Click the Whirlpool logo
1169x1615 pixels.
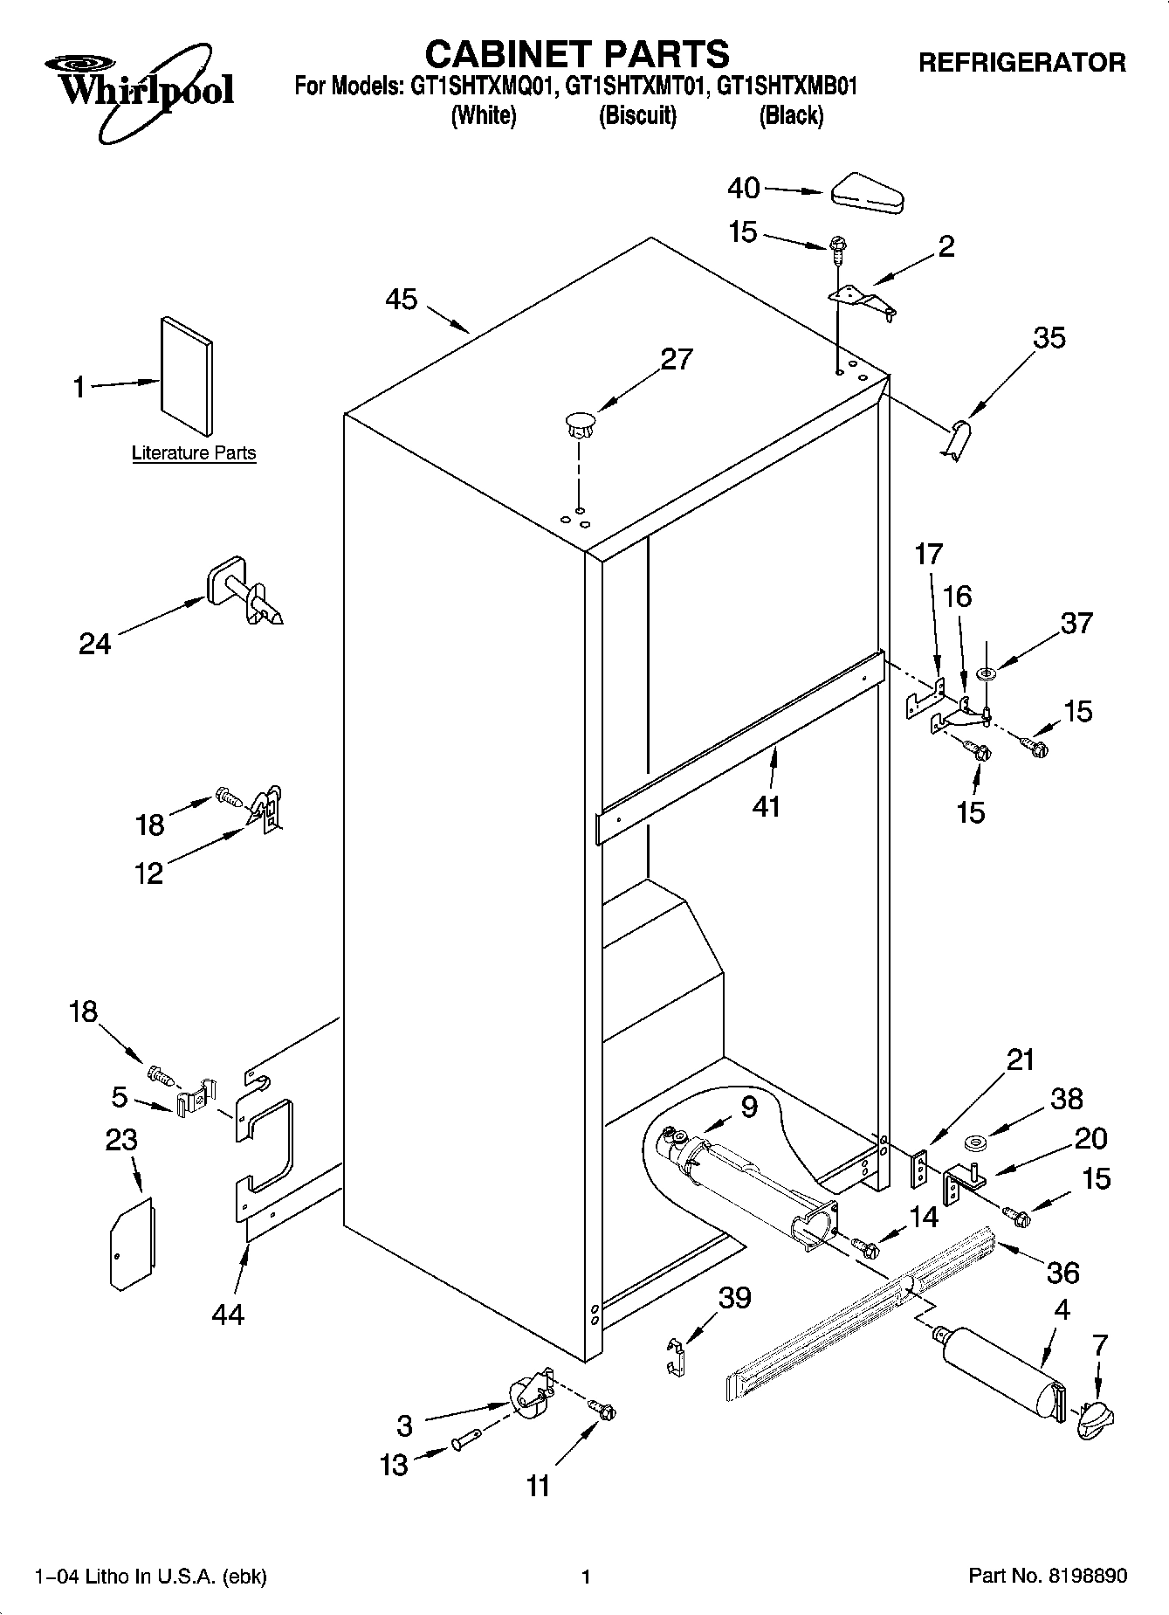(140, 89)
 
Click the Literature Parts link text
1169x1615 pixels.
(194, 452)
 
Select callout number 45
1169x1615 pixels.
(402, 300)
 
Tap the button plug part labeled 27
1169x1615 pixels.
(578, 424)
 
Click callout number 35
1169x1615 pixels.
(1049, 338)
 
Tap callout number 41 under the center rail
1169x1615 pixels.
(766, 806)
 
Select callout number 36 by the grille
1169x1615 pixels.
(1062, 1273)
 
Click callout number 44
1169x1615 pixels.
(228, 1314)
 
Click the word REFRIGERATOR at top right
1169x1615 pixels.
(1021, 63)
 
